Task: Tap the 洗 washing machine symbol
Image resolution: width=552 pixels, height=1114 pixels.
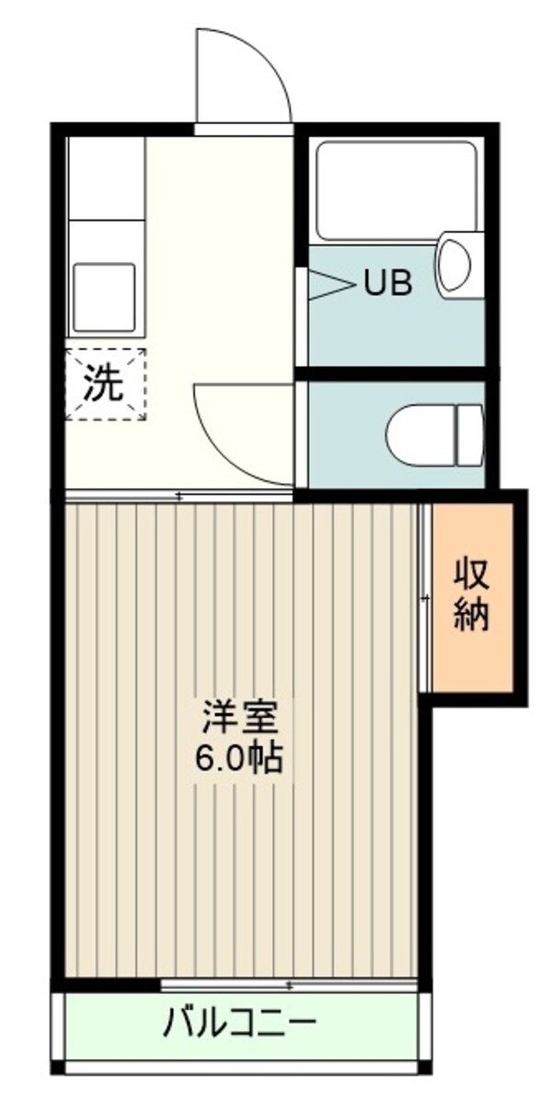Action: click(104, 384)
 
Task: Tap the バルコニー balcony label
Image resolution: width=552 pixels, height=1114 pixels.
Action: click(241, 1022)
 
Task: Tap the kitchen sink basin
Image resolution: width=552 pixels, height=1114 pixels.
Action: click(104, 296)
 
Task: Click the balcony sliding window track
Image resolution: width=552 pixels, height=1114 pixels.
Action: click(290, 986)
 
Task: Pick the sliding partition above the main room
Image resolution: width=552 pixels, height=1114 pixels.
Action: click(179, 496)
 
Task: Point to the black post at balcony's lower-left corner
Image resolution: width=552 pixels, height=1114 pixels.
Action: click(58, 1067)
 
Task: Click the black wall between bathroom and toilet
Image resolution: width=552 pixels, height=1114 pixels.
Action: click(396, 373)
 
